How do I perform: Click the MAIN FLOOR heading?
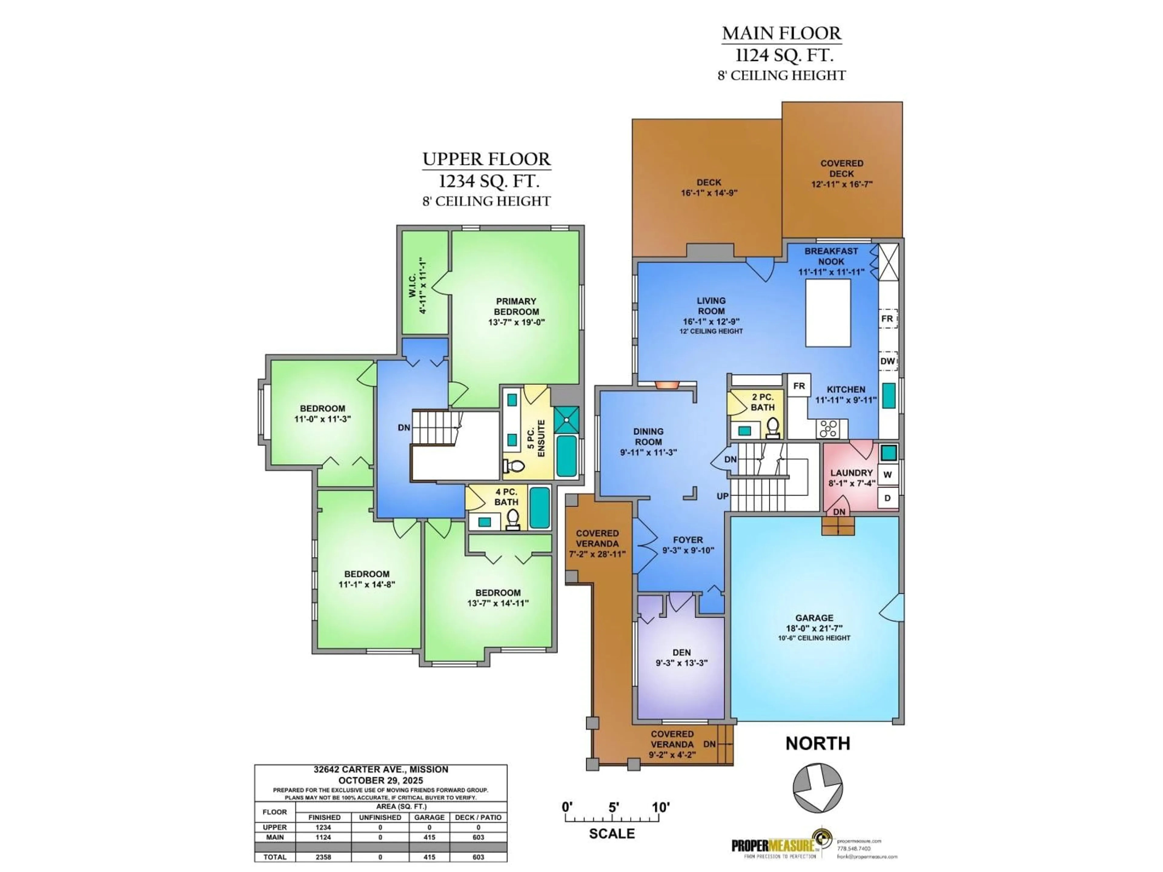781,33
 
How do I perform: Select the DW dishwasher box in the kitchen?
887,361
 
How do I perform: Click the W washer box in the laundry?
887,475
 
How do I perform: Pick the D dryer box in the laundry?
887,498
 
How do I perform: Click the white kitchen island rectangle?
828,313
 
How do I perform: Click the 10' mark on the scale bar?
660,807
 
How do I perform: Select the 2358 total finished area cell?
323,857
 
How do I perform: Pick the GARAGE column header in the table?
429,817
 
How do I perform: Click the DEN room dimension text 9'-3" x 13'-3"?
681,663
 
